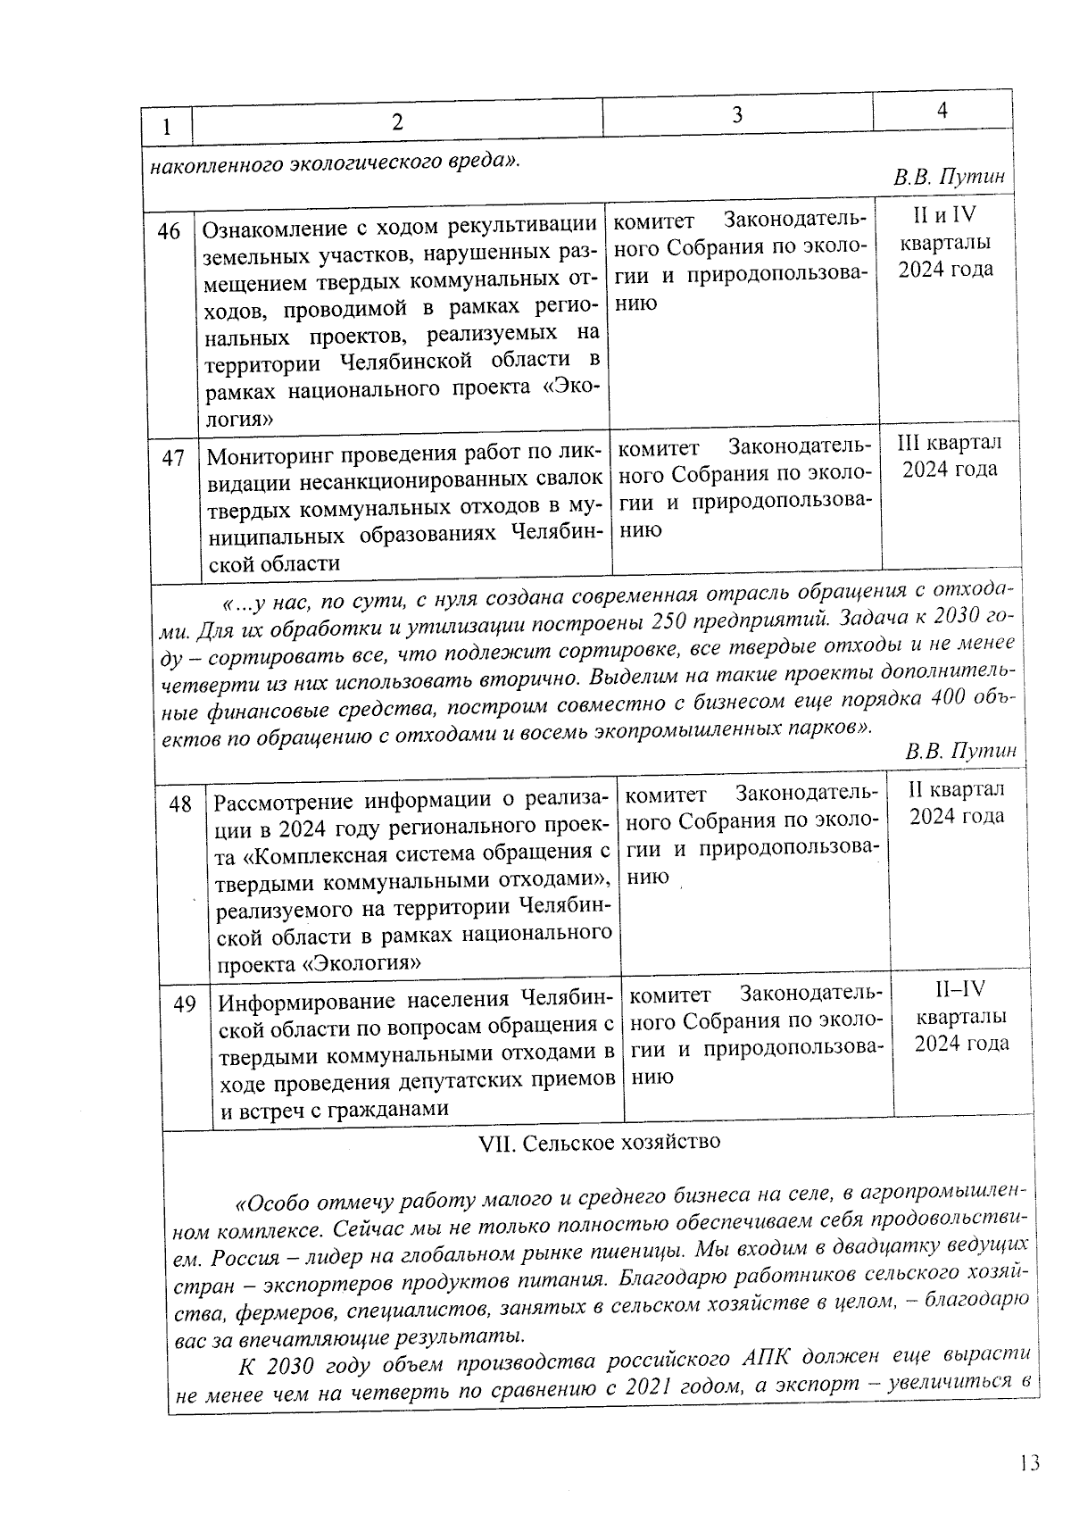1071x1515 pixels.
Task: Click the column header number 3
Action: (x=737, y=114)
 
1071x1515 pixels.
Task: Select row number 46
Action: (x=169, y=232)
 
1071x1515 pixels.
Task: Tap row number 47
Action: (x=172, y=458)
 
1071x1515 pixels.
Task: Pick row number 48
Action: (x=180, y=804)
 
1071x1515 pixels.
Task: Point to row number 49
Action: (x=185, y=1004)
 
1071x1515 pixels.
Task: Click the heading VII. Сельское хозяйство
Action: (x=600, y=1142)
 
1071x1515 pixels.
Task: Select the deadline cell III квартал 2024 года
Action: (x=949, y=455)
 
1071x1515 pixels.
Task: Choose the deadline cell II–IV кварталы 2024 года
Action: (x=960, y=1016)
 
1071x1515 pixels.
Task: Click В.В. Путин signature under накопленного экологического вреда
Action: (x=950, y=177)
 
